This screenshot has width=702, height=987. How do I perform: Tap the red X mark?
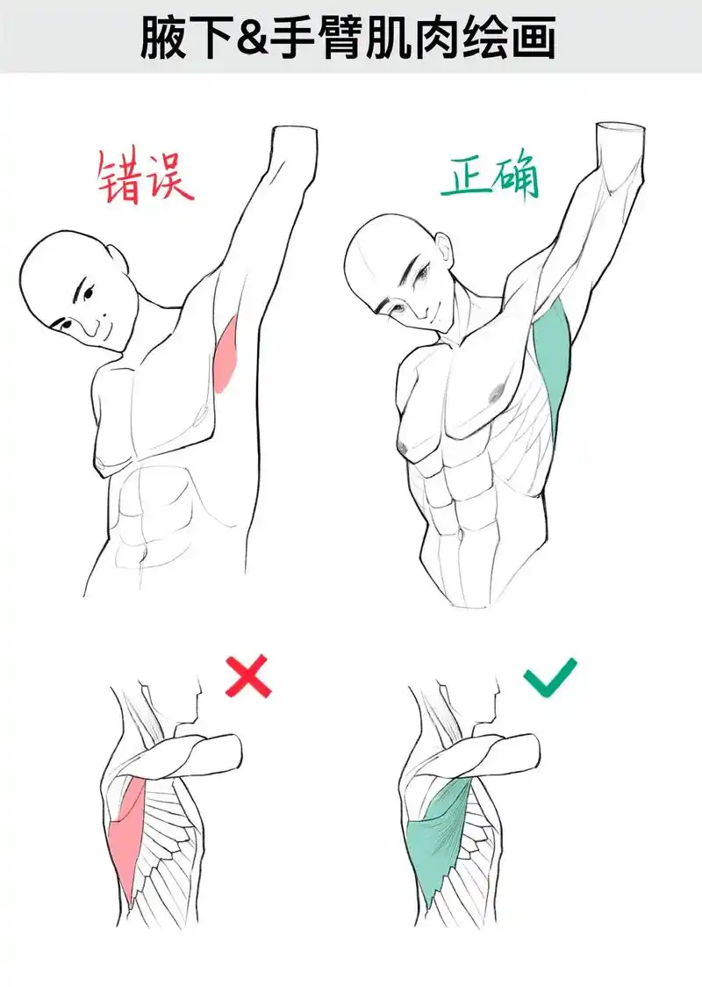pyautogui.click(x=247, y=678)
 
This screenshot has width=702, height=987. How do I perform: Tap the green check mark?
pyautogui.click(x=550, y=678)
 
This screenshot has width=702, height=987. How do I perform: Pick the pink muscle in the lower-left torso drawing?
pyautogui.click(x=129, y=834)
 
